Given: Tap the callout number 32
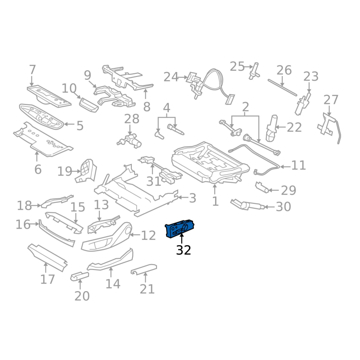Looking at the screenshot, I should (x=184, y=250).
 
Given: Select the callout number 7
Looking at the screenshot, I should (x=32, y=70).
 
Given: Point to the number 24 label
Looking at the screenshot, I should (x=171, y=77).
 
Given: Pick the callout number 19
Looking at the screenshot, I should (x=65, y=171).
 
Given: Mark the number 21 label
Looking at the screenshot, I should (x=147, y=289).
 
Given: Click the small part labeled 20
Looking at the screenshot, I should (x=79, y=275).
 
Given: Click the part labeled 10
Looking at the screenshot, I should (x=88, y=104).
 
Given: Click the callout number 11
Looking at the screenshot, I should (x=298, y=165).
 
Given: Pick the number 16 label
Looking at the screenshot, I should (x=22, y=224).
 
